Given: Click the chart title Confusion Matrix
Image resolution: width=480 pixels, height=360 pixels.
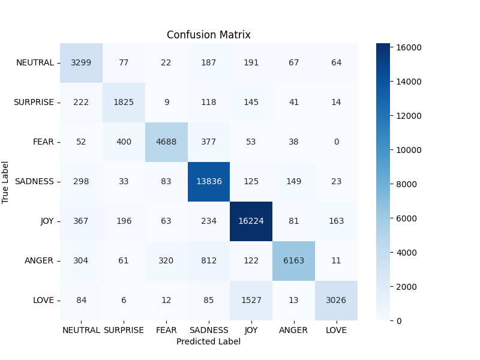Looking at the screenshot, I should pos(208,35).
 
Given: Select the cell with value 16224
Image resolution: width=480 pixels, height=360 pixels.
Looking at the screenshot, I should pos(251,221).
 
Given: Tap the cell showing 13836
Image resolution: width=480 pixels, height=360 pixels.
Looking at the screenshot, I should pos(209,181).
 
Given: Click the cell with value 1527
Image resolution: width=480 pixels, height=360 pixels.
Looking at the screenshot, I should pos(251,300).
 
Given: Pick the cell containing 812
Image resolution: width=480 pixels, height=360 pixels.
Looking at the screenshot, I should pos(209,260).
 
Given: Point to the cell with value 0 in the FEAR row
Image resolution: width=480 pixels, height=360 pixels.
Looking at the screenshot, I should pos(336,142).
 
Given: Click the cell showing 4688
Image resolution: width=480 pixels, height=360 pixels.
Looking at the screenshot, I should pos(166,142).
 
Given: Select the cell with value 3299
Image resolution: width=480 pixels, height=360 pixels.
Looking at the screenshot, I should pos(81,62).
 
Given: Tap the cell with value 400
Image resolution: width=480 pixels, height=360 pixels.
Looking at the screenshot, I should pos(124,142).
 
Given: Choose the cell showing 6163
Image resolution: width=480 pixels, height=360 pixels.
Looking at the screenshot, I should pos(294,260).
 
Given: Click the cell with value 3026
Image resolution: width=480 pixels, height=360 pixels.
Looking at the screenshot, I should pos(336,300).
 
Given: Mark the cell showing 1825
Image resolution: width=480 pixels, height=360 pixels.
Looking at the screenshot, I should pos(124,102).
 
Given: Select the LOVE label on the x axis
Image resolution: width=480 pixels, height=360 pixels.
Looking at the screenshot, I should pos(336,330).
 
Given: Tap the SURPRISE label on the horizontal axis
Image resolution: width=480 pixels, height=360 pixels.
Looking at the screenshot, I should pos(124,330).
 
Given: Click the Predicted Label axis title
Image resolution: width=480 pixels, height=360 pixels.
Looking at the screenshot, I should pos(208,341).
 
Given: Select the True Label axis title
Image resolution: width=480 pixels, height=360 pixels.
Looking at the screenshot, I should pos(6,182).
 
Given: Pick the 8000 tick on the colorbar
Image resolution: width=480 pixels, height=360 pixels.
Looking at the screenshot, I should pos(408,184).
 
